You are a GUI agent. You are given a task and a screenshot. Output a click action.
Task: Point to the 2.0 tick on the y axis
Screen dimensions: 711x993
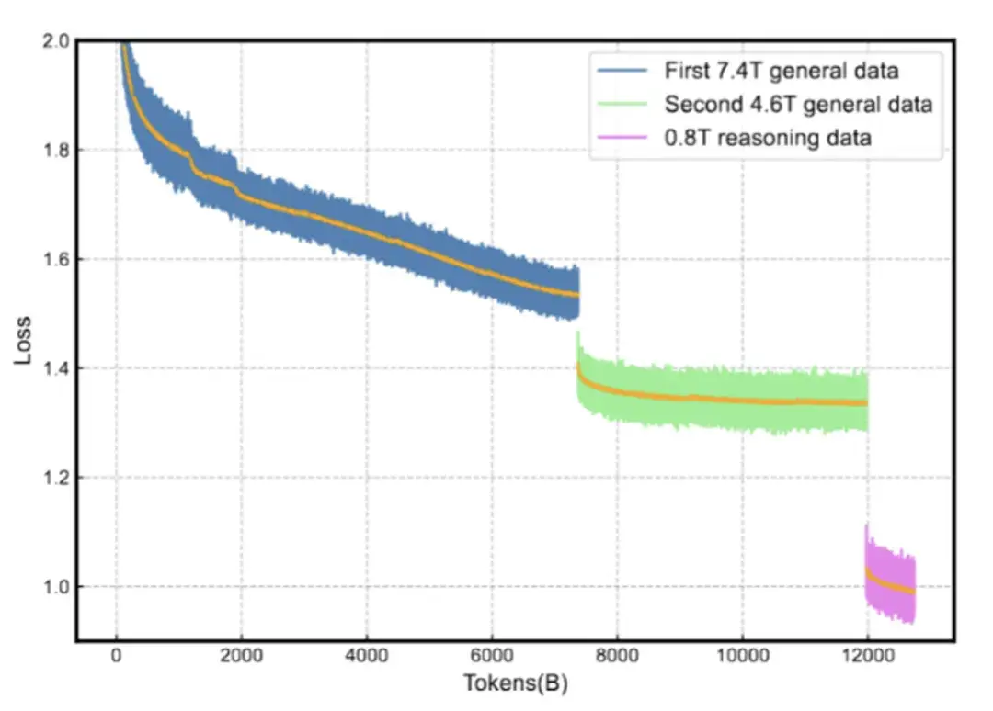coord(57,41)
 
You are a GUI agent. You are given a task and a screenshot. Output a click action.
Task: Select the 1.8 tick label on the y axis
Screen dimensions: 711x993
coord(57,150)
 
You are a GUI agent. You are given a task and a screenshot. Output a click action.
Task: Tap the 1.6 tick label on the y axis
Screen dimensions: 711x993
coord(57,259)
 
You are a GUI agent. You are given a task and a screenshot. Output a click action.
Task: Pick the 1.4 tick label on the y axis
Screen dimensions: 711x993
coord(57,368)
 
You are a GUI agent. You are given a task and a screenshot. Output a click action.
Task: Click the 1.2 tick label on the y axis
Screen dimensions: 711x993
coord(57,478)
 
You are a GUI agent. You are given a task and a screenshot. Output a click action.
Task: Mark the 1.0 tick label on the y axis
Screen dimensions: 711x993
coord(57,586)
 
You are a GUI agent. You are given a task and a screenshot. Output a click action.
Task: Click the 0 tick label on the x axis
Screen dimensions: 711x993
coord(117,657)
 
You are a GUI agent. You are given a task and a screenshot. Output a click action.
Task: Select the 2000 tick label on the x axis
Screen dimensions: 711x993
coord(242,657)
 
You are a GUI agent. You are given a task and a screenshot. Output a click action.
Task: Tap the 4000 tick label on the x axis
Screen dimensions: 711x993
coord(367,657)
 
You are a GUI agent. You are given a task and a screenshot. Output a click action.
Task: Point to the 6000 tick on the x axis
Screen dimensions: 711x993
coord(492,657)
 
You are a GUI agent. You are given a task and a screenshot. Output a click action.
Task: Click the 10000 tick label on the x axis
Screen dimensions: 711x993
coord(742,657)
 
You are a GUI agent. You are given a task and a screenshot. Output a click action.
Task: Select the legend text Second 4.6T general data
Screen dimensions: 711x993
coord(798,104)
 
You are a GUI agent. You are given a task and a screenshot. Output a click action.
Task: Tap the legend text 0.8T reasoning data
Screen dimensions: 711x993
coord(768,138)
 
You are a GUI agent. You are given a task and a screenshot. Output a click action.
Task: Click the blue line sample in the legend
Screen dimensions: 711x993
coord(624,71)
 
